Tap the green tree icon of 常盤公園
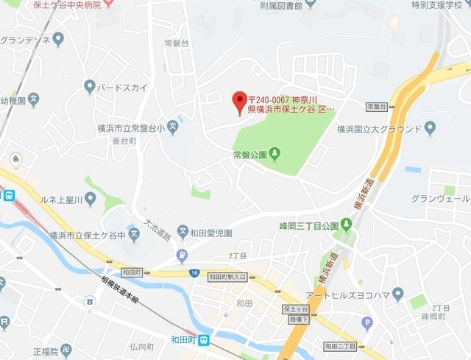(275, 154)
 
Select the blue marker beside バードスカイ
(90, 87)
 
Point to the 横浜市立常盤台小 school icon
(172, 127)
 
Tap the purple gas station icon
(181, 257)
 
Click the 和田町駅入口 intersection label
(228, 277)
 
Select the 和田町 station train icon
(209, 340)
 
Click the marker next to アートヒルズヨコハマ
(398, 295)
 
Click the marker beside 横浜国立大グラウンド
(429, 130)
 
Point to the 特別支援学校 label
(439, 6)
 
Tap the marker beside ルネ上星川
(91, 198)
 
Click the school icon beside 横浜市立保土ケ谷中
(134, 236)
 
